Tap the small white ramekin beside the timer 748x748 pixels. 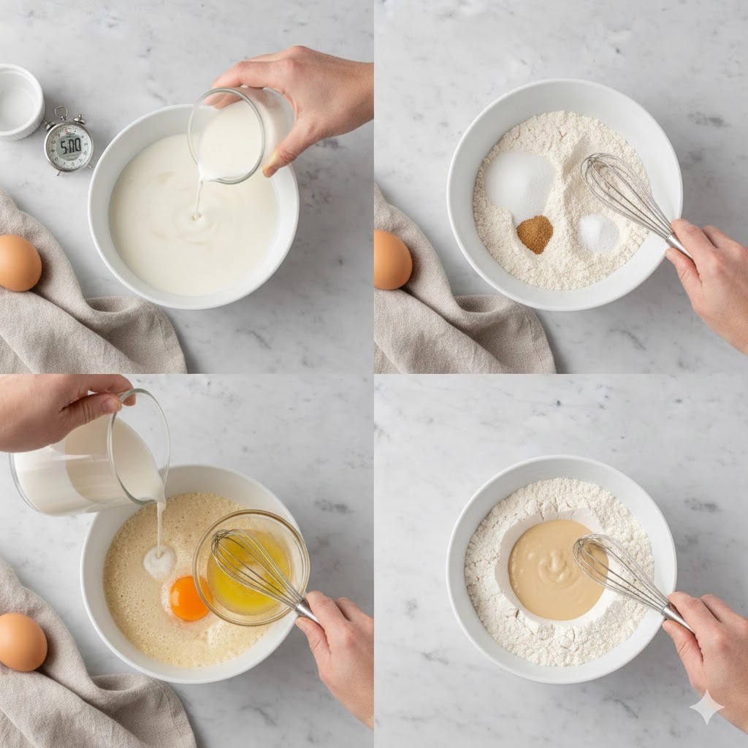pyautogui.click(x=20, y=102)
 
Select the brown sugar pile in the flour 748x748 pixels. pyautogui.click(x=535, y=234)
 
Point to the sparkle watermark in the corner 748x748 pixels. pyautogui.click(x=706, y=707)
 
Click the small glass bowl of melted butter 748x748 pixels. pyautogui.click(x=251, y=568)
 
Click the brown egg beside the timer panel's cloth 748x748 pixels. pyautogui.click(x=20, y=263)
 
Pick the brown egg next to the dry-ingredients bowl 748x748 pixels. pyautogui.click(x=392, y=259)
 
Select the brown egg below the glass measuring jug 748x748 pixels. pyautogui.click(x=23, y=642)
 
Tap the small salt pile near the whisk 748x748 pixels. pyautogui.click(x=598, y=233)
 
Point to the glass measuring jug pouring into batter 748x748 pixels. pyautogui.click(x=91, y=458)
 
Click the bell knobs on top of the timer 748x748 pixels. pyautogui.click(x=68, y=116)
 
